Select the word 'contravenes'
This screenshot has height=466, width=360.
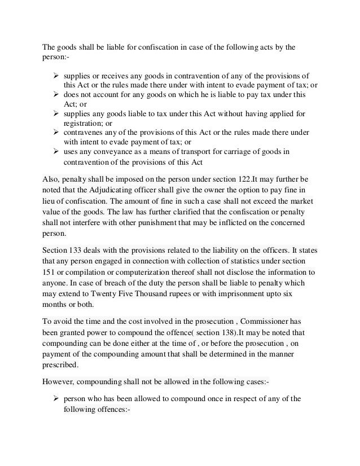tap(85, 133)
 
